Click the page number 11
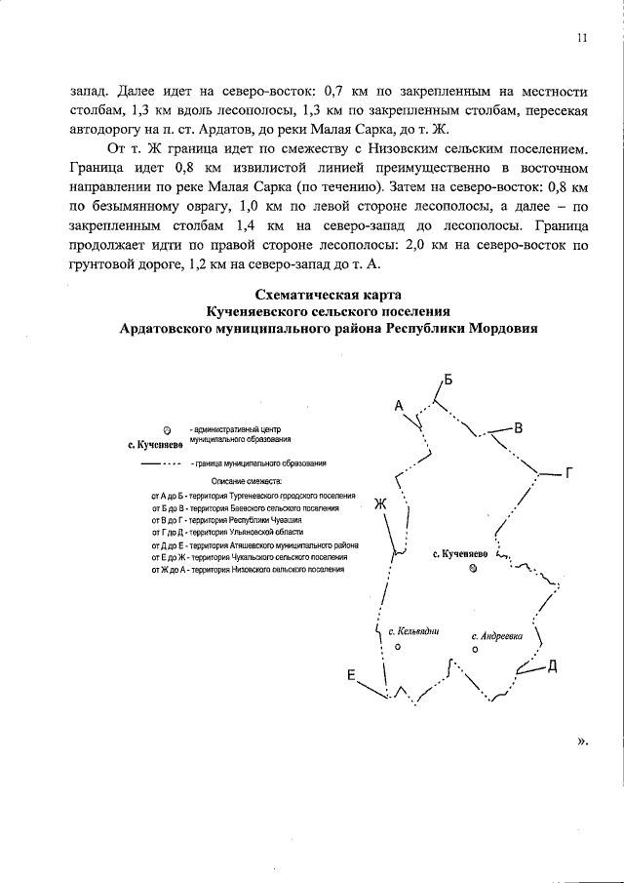581,39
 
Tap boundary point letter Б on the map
448,380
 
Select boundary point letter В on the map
519,428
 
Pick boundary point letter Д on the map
552,666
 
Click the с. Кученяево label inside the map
461,553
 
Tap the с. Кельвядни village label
413,630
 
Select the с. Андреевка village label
496,634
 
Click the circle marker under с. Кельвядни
397,646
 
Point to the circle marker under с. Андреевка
475,649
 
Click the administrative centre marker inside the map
473,569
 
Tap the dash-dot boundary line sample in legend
163,464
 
